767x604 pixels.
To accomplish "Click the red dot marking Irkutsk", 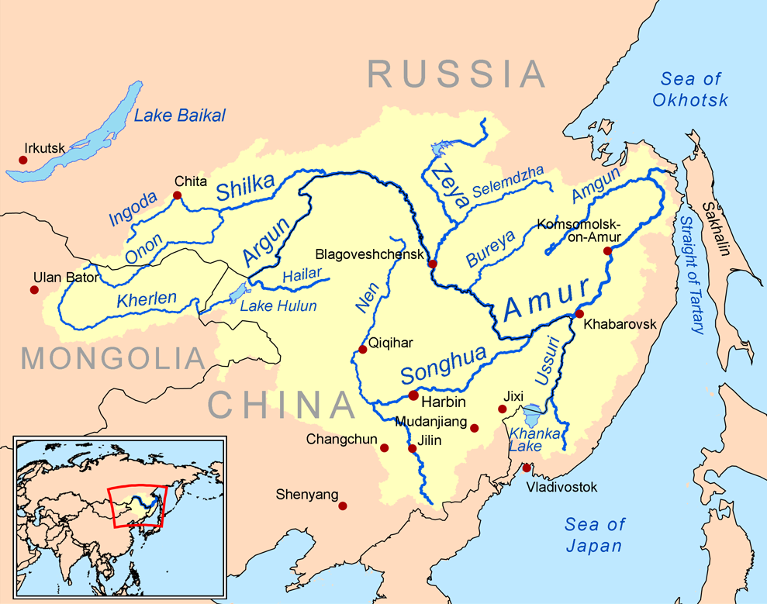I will point(23,160).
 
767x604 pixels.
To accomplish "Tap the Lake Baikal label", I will point(179,116).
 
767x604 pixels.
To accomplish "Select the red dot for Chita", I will point(177,195).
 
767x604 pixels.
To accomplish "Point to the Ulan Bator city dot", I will point(34,290).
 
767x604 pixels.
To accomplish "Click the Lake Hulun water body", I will point(238,293).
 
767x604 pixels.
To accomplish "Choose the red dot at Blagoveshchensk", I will point(432,264).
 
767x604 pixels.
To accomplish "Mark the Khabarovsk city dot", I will point(579,313).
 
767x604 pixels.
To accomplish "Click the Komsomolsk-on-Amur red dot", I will point(607,250).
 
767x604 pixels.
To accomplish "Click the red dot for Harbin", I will point(413,395).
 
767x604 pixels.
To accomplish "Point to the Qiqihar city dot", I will point(362,350).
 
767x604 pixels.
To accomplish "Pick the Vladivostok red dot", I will point(527,468).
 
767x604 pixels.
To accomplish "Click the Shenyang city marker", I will point(343,506).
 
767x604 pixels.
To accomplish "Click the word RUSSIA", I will point(457,74).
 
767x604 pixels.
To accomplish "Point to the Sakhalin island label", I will point(715,230).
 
